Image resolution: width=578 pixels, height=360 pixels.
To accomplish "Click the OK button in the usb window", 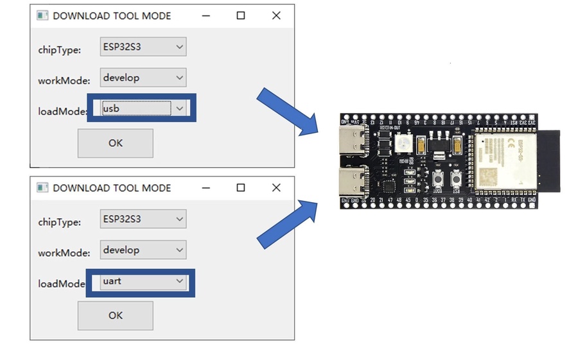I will point(115,143).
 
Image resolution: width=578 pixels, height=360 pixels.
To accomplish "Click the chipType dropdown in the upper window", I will point(143,47).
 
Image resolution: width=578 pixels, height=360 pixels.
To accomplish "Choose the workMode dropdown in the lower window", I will point(143,250).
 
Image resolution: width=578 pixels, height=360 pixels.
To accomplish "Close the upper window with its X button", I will point(276,15).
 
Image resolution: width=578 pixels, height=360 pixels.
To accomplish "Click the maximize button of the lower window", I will point(241,188).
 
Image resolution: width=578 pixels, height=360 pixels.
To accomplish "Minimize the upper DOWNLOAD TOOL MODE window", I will point(206,15).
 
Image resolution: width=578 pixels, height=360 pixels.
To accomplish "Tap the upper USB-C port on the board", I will point(354,139).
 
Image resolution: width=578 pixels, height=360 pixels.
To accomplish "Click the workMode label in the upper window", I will point(64,81).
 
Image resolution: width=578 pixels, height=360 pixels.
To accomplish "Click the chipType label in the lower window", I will point(59,222).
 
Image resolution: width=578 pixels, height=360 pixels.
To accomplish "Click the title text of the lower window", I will point(112,188).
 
